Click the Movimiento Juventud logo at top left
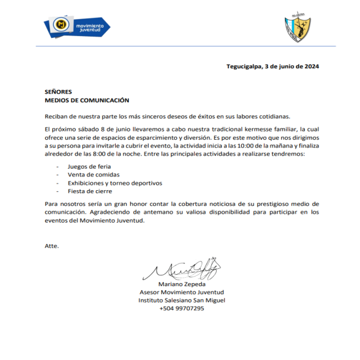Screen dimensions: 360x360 point(77,26)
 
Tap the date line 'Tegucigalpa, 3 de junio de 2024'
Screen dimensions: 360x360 point(272,67)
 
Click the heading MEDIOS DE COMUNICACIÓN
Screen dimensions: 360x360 point(87,100)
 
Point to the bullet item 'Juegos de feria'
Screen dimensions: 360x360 point(90,166)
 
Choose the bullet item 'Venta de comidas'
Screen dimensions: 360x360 point(93,174)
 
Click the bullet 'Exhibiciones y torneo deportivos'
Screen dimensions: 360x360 point(115,182)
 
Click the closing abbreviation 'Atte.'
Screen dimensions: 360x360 point(52,246)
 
